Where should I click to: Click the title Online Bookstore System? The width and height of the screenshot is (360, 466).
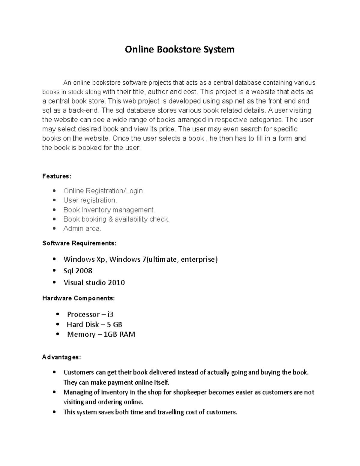coord(179,50)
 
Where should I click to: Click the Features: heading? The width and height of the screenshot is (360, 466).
coord(57,176)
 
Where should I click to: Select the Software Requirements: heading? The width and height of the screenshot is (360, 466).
coord(79,243)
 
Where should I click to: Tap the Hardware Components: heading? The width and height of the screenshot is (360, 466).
coord(78,298)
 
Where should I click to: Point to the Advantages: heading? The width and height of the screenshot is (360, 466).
coord(61,357)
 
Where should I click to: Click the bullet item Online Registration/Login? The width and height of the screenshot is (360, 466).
coord(104,191)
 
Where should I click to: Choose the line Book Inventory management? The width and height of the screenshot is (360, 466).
coord(109,210)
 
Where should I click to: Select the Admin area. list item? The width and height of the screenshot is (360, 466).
coord(82,229)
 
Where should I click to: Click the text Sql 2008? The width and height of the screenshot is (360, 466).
coord(78,271)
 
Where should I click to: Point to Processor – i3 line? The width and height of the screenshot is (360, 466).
coord(90,314)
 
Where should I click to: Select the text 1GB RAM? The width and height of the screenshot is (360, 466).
coord(119,335)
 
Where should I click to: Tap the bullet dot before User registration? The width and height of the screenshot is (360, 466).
coord(54,200)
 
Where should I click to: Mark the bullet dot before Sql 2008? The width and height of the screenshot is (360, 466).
coord(54,271)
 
